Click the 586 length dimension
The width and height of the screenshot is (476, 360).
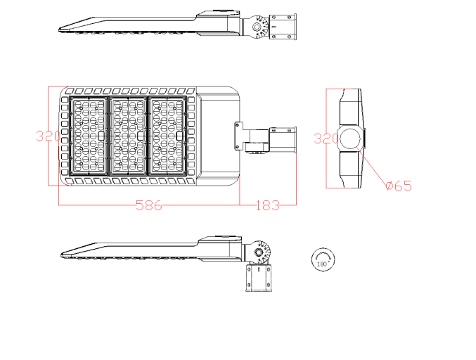(x=148, y=205)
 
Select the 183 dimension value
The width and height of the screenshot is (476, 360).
(x=266, y=205)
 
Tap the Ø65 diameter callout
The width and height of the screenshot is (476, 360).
(x=398, y=186)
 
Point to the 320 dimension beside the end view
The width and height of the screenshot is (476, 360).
(x=326, y=139)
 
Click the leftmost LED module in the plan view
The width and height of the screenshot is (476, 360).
(x=89, y=136)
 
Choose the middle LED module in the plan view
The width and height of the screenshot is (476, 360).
(x=129, y=136)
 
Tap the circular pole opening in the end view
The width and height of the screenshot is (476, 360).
(x=353, y=139)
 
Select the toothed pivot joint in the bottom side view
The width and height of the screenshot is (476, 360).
(x=262, y=252)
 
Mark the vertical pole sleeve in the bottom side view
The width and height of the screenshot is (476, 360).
(x=259, y=278)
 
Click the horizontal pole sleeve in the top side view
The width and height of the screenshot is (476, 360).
(x=284, y=27)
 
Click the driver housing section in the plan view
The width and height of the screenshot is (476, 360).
(x=217, y=136)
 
